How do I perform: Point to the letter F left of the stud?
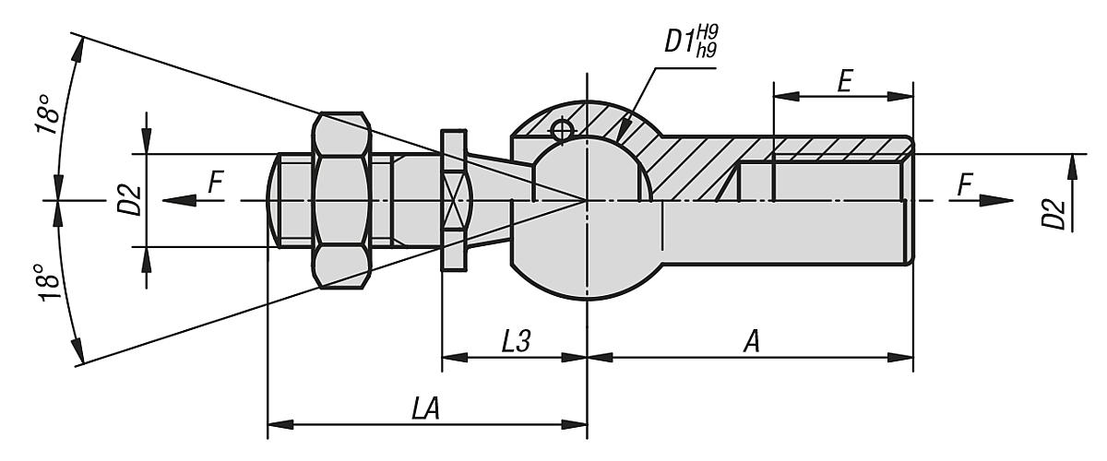[x=215, y=183]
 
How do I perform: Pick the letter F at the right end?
[x=964, y=184]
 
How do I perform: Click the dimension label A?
[x=752, y=341]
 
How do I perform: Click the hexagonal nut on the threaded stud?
[x=342, y=200]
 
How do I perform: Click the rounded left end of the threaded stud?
[x=274, y=200]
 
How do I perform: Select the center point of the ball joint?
[x=587, y=200]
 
